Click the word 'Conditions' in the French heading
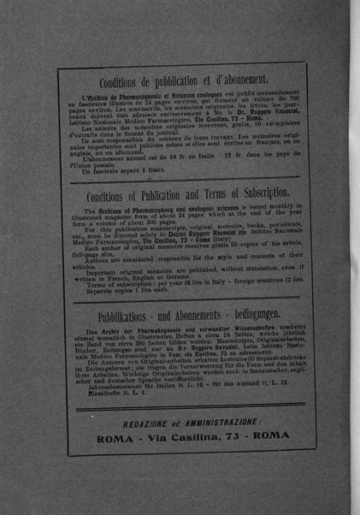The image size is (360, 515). click(x=114, y=83)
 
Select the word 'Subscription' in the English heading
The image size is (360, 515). click(x=248, y=192)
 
